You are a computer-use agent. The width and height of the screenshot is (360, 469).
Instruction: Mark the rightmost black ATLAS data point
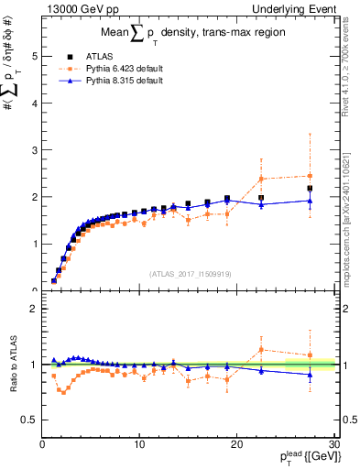point(310,189)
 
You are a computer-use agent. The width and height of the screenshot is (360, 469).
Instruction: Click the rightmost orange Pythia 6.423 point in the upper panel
point(310,176)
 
